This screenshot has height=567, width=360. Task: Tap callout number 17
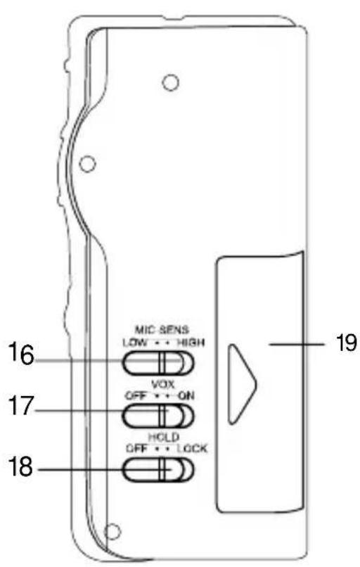pos(21,406)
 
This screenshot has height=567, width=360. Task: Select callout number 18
pos(21,466)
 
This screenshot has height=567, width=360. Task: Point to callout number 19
pos(345,342)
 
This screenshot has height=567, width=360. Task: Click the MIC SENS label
pos(162,330)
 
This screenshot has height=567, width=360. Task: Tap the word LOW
pos(135,342)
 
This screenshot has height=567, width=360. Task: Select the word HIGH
pos(191,342)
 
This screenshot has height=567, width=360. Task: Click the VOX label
pos(162,383)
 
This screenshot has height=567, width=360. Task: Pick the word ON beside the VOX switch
pos(186,396)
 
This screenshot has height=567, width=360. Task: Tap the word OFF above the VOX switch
pos(136,396)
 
